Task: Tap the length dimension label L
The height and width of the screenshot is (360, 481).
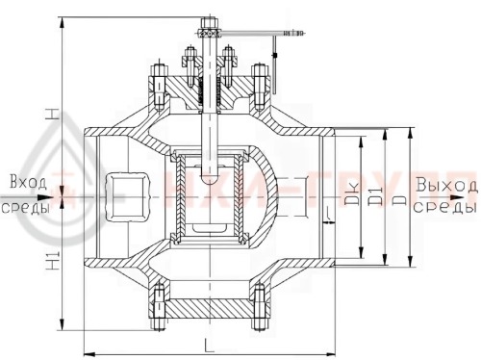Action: pyautogui.click(x=208, y=343)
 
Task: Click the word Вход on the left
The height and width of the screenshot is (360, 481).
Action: pyautogui.click(x=24, y=182)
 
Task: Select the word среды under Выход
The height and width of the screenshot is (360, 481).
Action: pyautogui.click(x=448, y=208)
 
